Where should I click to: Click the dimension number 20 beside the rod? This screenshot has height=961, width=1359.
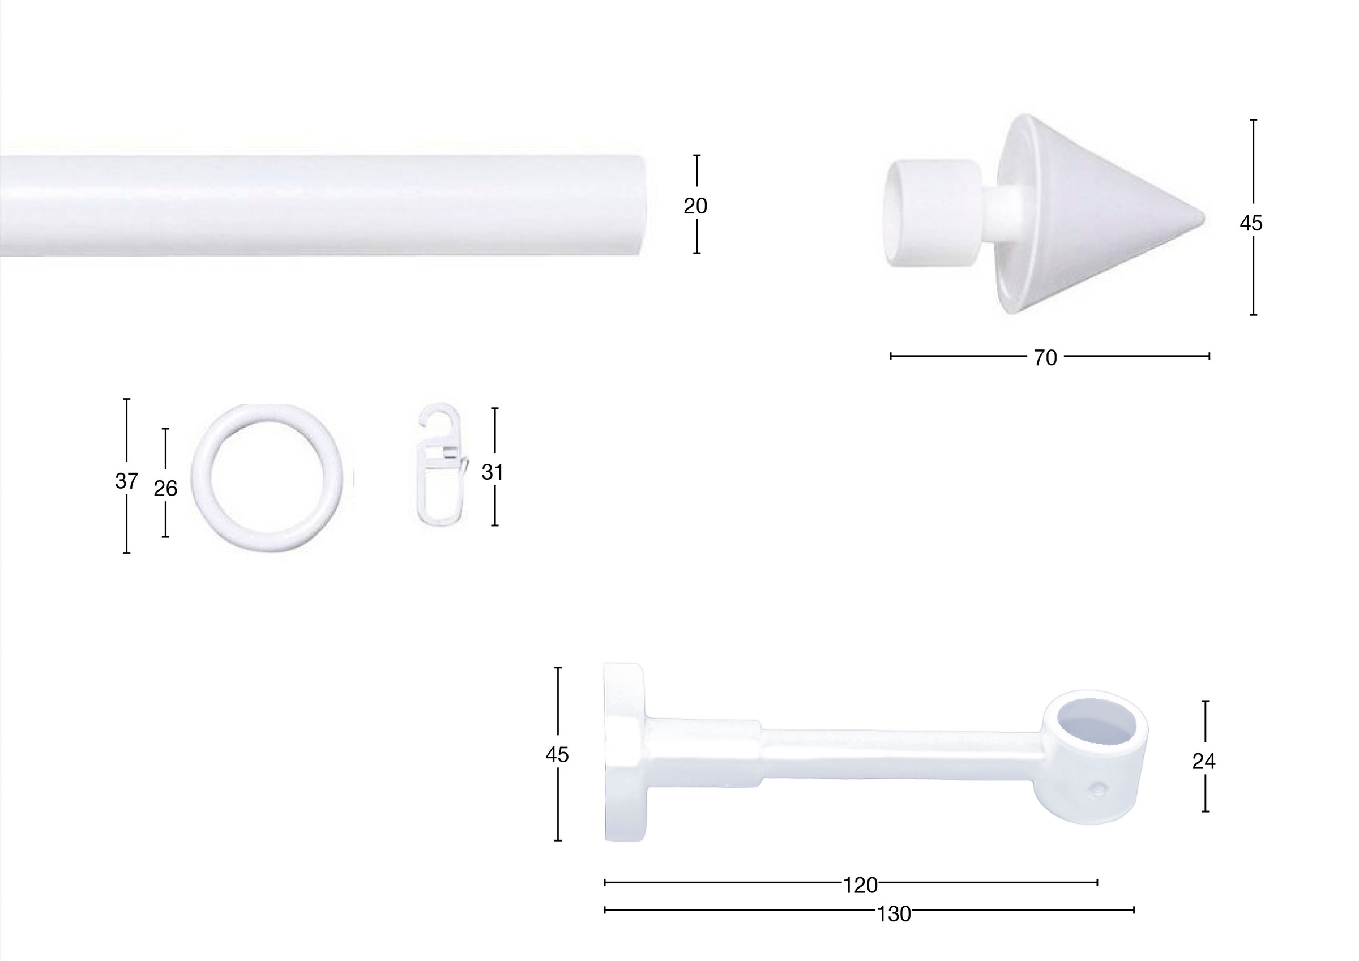click(695, 206)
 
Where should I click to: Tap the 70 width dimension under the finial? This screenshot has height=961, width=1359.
click(1045, 358)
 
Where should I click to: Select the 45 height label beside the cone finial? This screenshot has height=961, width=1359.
click(1251, 223)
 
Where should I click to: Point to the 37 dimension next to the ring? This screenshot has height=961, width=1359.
click(126, 481)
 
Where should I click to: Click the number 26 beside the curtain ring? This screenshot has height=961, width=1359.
click(165, 488)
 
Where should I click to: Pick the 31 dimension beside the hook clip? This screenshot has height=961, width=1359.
click(493, 472)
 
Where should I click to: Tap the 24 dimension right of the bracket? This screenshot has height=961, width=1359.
click(1204, 762)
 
